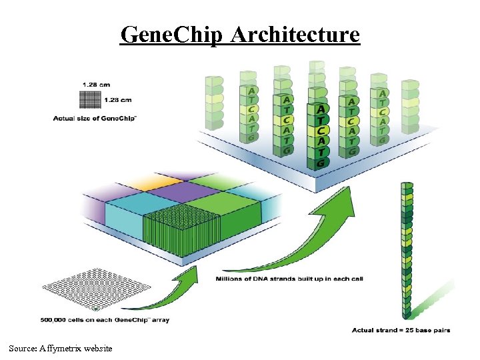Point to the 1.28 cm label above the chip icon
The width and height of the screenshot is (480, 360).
(97, 84)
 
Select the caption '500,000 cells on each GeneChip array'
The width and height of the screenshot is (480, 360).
(105, 320)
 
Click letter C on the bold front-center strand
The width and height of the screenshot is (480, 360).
(321, 130)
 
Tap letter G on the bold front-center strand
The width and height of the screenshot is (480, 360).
(321, 162)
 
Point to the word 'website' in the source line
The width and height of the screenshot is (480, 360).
(97, 348)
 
